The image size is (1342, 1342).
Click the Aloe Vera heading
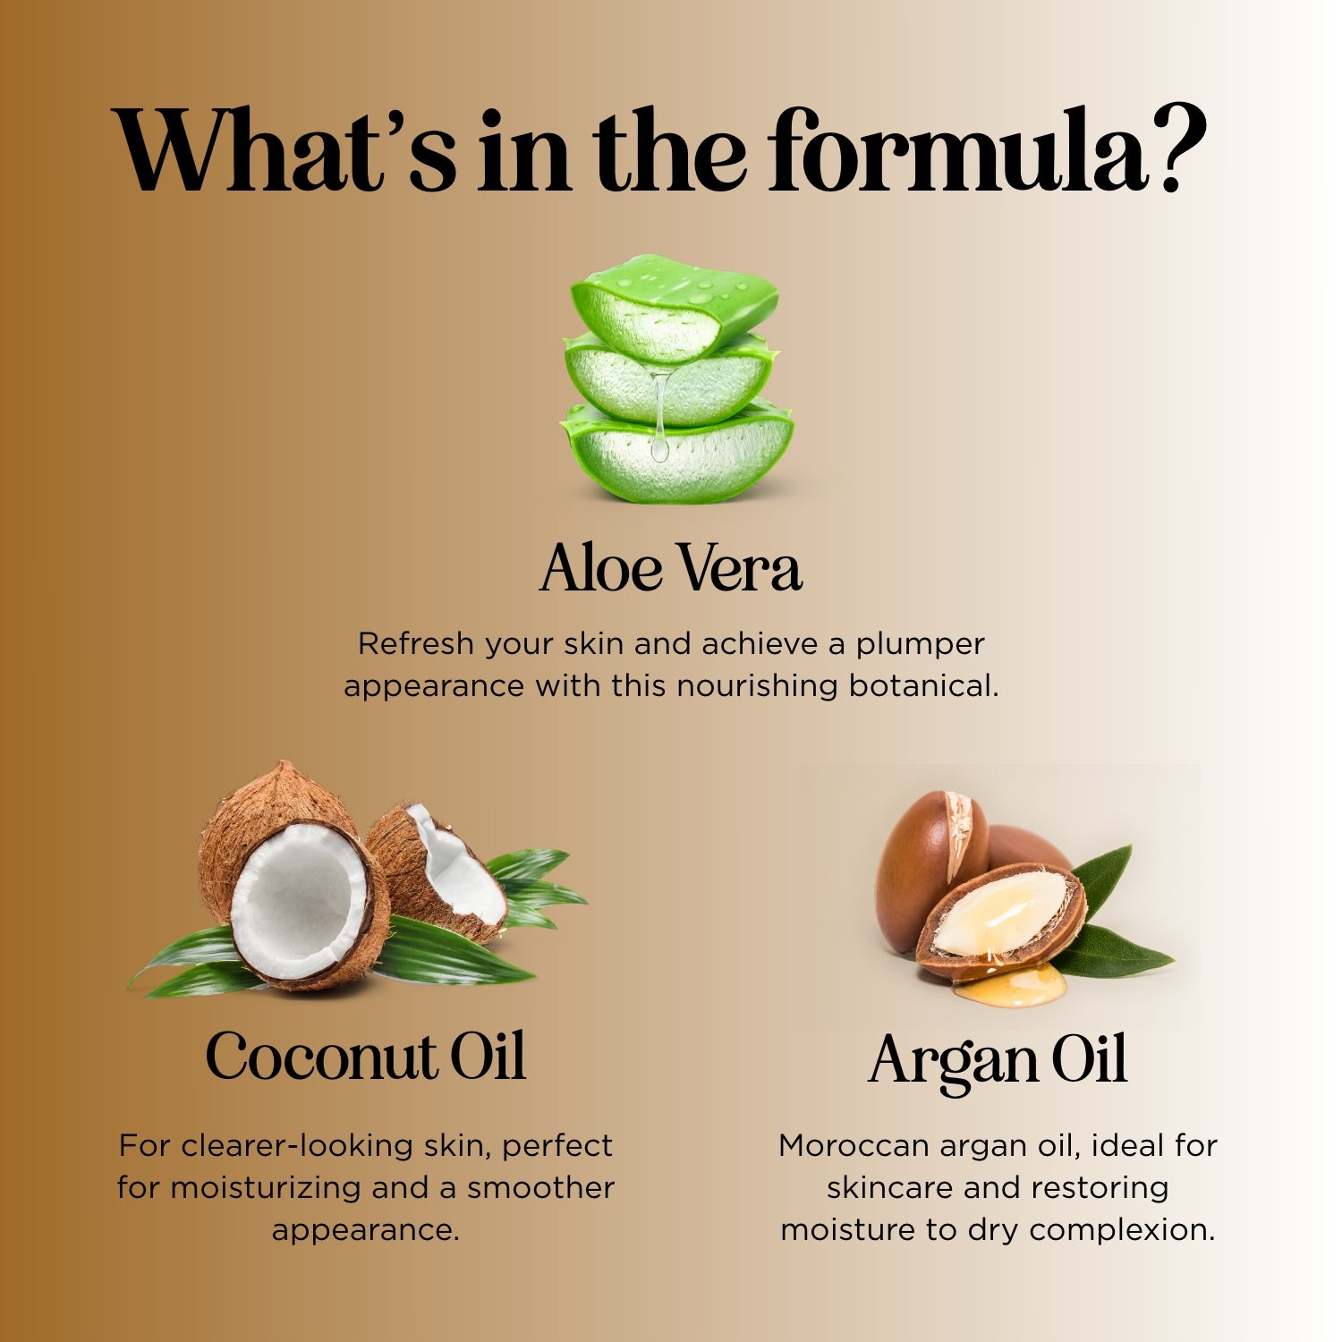671,568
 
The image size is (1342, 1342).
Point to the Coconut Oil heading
365,1057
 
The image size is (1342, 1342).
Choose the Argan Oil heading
998,1063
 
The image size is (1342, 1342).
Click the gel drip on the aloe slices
659,416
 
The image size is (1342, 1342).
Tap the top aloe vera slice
675,306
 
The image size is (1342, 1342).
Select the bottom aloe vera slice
677,452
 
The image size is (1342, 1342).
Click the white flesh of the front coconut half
298,900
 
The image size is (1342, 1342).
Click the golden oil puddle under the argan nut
1011,984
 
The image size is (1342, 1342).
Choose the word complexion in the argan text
1122,1231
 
